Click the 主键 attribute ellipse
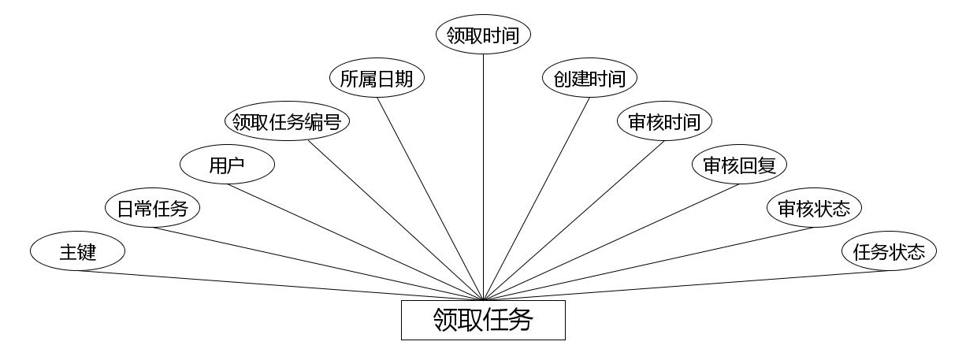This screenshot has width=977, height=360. (77, 252)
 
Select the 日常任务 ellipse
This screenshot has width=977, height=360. (152, 209)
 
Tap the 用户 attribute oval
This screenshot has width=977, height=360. (227, 165)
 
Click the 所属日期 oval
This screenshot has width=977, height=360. (377, 79)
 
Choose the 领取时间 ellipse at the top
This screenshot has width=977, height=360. (483, 35)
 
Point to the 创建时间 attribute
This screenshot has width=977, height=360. (589, 79)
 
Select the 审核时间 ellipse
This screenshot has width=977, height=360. (664, 122)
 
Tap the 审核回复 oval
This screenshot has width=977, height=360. (739, 165)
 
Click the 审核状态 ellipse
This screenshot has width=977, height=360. (814, 209)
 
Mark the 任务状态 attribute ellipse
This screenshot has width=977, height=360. (889, 252)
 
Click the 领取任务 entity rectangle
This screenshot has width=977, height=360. (483, 320)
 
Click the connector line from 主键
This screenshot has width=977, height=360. (280, 286)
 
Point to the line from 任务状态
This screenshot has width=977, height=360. (685, 286)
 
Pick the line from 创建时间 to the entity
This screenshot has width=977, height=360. (536, 199)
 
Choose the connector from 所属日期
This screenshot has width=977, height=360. (429, 199)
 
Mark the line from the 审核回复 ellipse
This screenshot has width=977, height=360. (611, 242)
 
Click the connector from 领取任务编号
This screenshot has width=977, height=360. (394, 219)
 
